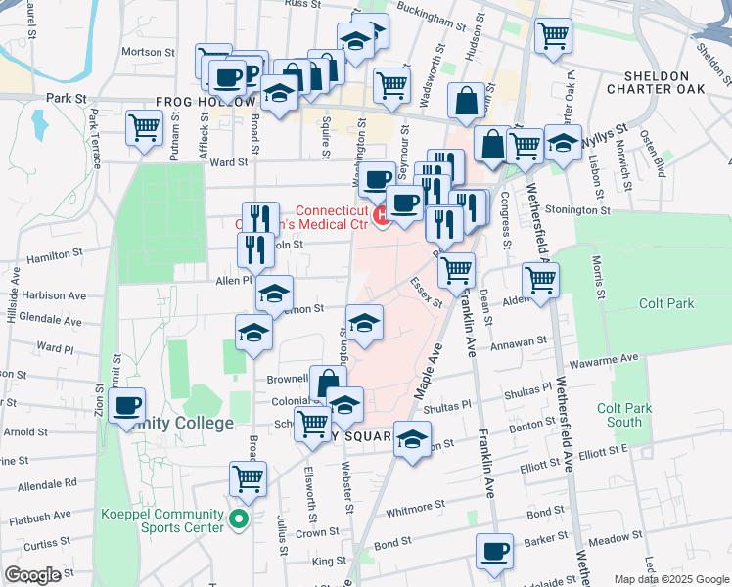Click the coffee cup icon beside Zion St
click(x=126, y=406)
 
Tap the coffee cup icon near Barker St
click(x=495, y=550)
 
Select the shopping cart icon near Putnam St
click(x=145, y=126)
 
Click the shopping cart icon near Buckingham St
click(x=554, y=35)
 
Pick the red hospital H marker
click(x=380, y=214)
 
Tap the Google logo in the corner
click(x=33, y=574)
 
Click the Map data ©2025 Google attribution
click(x=685, y=578)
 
